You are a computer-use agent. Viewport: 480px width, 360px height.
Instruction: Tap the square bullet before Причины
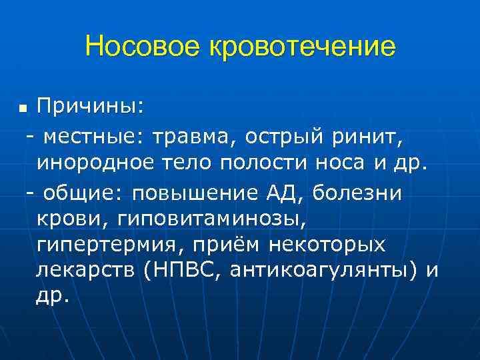(x=23, y=107)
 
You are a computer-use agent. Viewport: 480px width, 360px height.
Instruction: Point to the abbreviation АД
(x=279, y=192)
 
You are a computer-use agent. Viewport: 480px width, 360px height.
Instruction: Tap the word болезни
(x=357, y=192)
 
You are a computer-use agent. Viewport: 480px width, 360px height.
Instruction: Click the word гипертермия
(x=107, y=245)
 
